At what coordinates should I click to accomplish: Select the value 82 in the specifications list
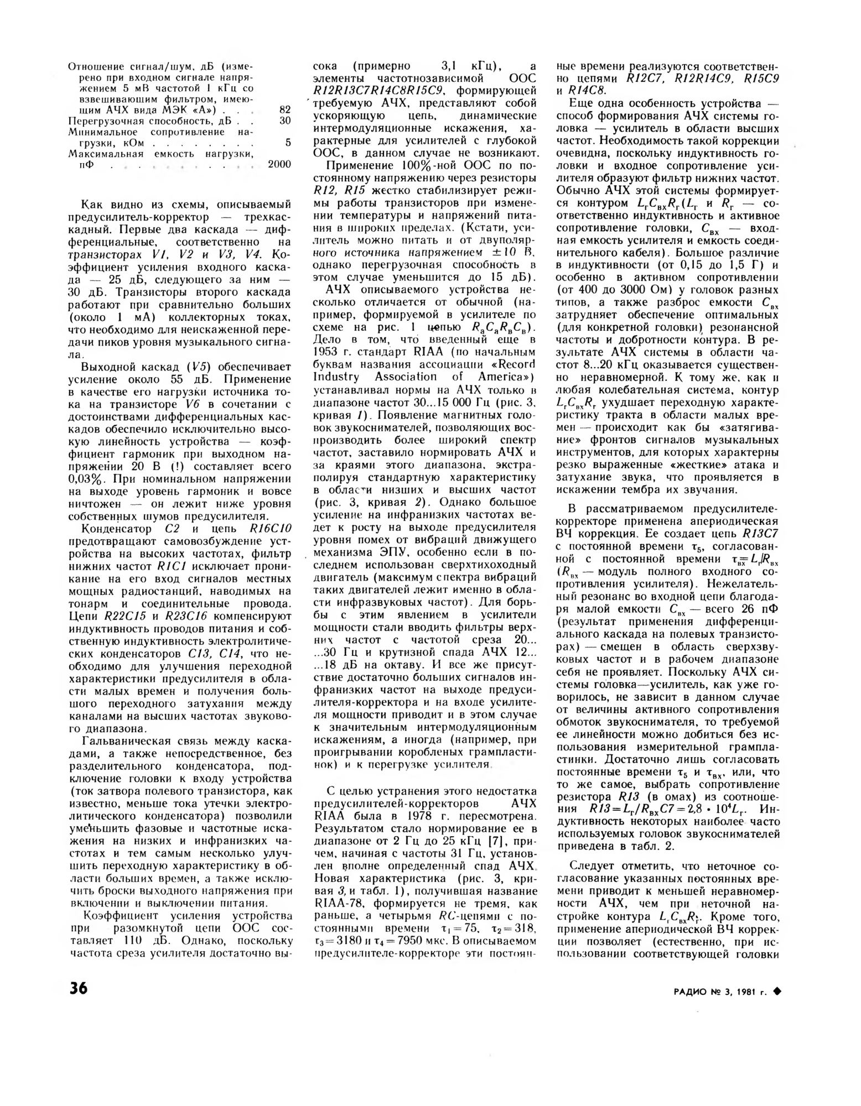[284, 110]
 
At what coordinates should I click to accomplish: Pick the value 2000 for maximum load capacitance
[279, 164]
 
